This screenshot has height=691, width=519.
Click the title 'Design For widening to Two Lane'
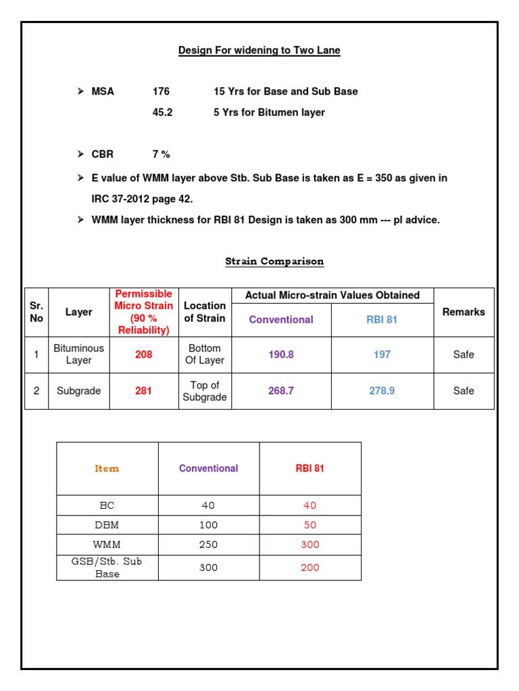pos(259,51)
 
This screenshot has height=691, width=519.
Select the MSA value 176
pos(161,91)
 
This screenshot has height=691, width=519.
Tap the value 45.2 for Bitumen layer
pos(162,113)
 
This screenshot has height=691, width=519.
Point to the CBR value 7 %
pos(161,154)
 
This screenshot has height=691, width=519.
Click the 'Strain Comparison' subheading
pos(274,261)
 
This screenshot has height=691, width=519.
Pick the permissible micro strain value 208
pos(144,354)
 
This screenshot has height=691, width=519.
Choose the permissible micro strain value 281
pos(143,391)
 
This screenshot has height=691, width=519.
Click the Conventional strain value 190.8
pos(281,354)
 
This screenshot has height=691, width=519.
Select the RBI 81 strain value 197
pos(382,354)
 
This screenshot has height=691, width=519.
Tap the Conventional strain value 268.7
pos(281,391)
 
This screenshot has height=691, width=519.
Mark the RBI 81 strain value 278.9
pos(382,391)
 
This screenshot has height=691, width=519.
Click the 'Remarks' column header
pos(464,312)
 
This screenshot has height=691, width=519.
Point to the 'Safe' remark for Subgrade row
pos(464,391)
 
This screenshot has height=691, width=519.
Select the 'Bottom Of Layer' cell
pos(205,354)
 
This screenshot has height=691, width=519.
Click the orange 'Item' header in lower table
pos(107,468)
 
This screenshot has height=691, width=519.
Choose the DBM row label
pos(107,525)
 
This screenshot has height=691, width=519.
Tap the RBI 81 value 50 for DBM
pos(310,525)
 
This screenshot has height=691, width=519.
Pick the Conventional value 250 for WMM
pos(208,545)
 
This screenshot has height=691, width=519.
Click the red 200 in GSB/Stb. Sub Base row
pos(310,568)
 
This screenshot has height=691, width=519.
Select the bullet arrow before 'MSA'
pos(80,91)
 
